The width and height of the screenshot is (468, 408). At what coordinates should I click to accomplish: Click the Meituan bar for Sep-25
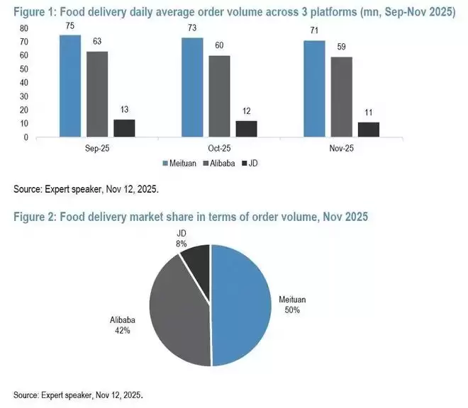(x=70, y=86)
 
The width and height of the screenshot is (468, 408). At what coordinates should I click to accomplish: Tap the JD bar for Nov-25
(x=369, y=129)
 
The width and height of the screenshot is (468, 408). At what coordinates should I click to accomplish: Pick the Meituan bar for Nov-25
(x=315, y=89)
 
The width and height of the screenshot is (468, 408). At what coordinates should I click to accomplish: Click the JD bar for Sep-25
(x=124, y=128)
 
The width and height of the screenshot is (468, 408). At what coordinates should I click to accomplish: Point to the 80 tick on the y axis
(x=24, y=29)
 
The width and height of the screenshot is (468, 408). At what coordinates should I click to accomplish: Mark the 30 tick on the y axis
(x=24, y=96)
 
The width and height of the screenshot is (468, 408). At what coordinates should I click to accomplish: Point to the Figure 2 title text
(x=191, y=217)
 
